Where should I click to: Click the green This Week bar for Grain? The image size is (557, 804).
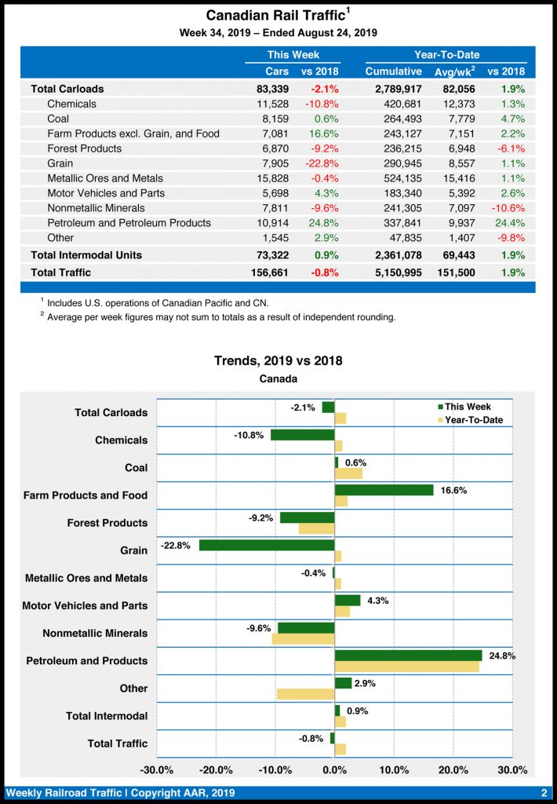pyautogui.click(x=267, y=545)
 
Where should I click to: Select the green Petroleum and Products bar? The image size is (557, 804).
pyautogui.click(x=408, y=656)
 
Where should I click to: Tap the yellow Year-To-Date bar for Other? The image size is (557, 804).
pyautogui.click(x=305, y=694)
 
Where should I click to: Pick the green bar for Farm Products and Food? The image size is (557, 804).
pyautogui.click(x=384, y=490)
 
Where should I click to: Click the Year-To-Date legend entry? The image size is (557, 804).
pyautogui.click(x=473, y=420)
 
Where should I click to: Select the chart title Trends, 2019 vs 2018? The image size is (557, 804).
pyautogui.click(x=278, y=361)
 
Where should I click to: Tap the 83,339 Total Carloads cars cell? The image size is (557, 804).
pyautogui.click(x=271, y=89)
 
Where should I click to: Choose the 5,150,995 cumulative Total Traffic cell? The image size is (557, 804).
pyautogui.click(x=394, y=272)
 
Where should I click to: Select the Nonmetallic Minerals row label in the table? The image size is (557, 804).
pyautogui.click(x=96, y=208)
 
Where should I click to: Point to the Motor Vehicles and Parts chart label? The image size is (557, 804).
pyautogui.click(x=85, y=605)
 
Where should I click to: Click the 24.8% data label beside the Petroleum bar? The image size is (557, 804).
pyautogui.click(x=502, y=655)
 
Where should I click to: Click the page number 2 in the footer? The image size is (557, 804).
pyautogui.click(x=544, y=793)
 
